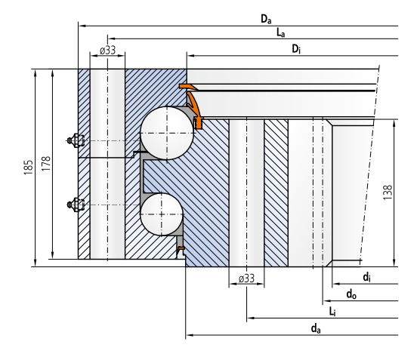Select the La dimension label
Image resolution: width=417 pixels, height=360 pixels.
280,32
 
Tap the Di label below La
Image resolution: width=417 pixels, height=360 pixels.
298,48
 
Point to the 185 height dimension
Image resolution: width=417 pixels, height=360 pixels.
28,166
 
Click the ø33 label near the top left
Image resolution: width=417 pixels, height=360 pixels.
107,51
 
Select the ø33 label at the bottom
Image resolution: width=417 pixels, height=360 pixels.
246,278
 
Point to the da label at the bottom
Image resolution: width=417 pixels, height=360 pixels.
314,327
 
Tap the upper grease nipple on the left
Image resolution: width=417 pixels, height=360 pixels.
74,140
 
